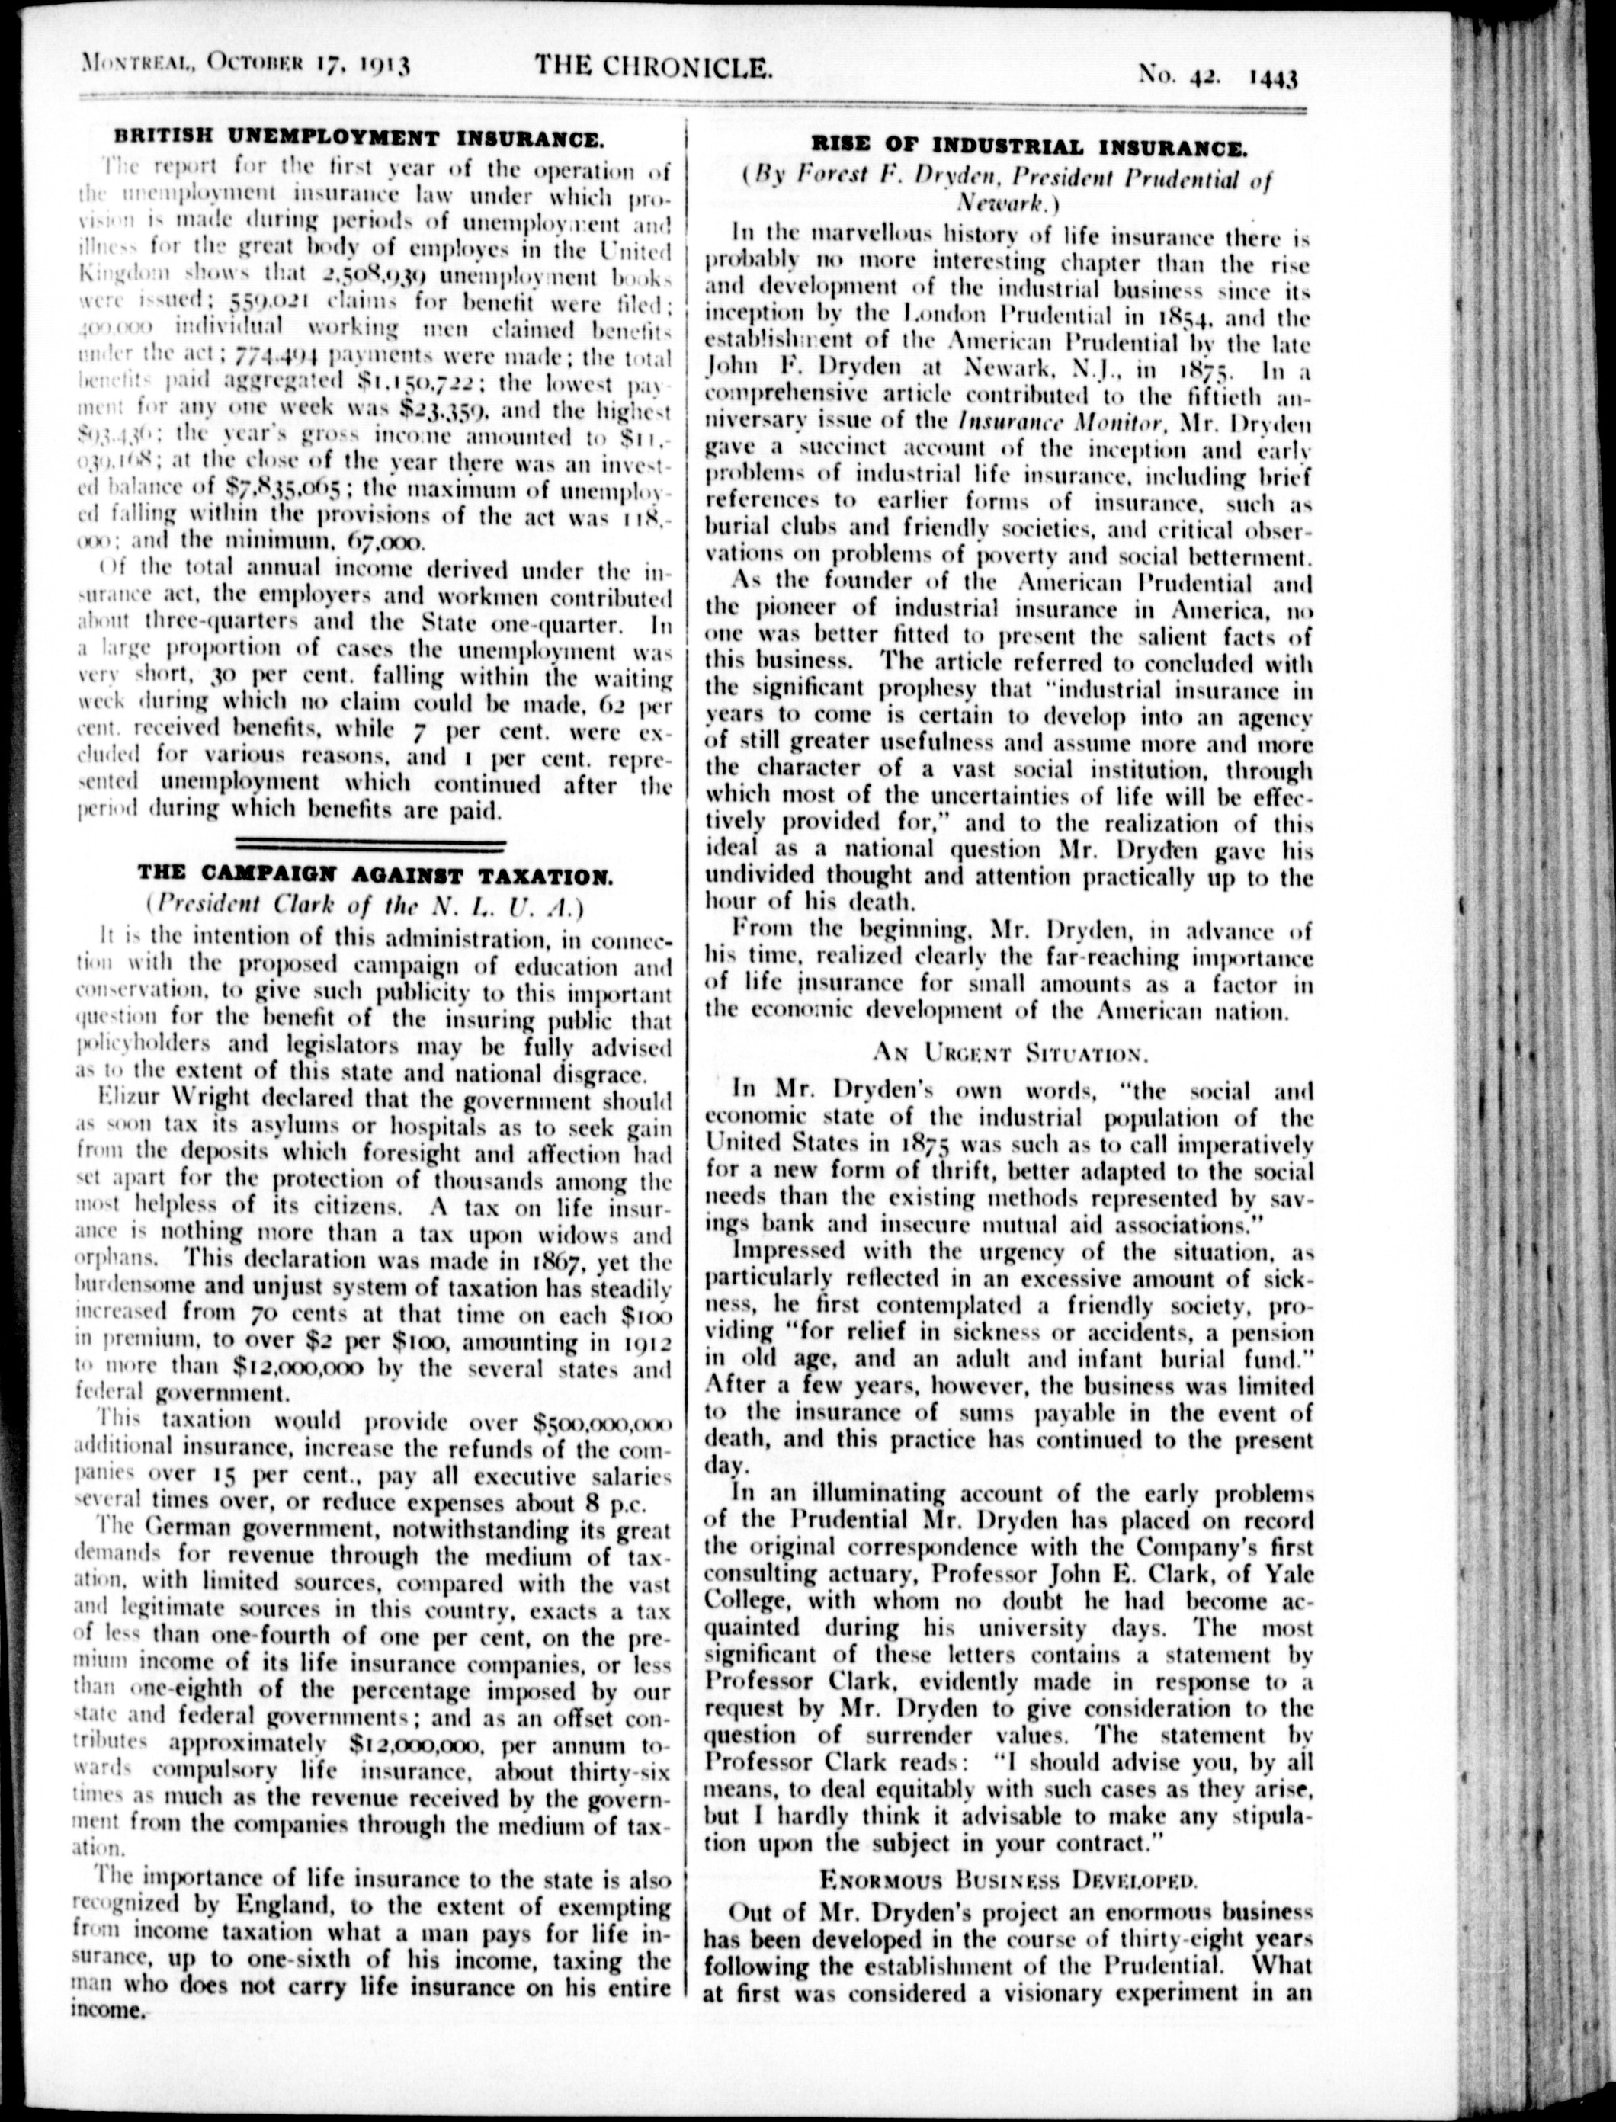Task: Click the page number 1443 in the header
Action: coord(1273,77)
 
